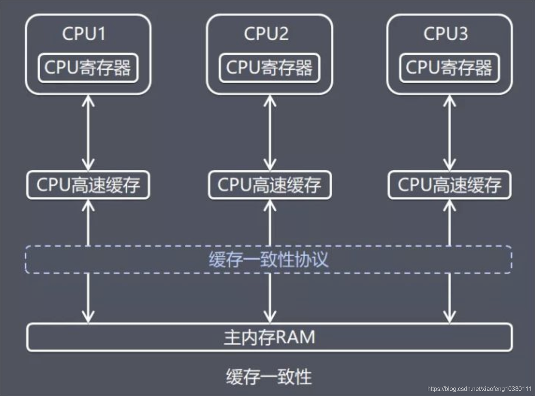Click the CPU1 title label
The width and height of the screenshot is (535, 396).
(84, 34)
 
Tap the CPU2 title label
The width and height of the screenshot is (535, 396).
(266, 34)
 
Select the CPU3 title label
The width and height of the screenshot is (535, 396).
(446, 34)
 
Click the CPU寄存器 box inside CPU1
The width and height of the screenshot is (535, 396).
(88, 68)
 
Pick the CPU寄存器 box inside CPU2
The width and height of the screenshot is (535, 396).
(269, 68)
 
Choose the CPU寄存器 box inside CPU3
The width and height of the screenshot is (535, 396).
(449, 68)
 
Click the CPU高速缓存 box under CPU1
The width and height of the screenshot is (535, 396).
(88, 185)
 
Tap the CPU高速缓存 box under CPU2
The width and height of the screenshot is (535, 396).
(269, 185)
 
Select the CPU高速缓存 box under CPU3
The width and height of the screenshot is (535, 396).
(450, 185)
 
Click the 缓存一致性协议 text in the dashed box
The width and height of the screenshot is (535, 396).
(269, 259)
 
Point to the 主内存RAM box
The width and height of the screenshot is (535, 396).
(269, 337)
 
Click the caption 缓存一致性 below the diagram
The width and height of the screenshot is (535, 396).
(269, 376)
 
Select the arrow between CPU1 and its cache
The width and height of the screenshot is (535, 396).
(88, 133)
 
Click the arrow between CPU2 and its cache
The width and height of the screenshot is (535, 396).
(270, 133)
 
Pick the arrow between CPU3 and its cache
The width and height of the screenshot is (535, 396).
(450, 133)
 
